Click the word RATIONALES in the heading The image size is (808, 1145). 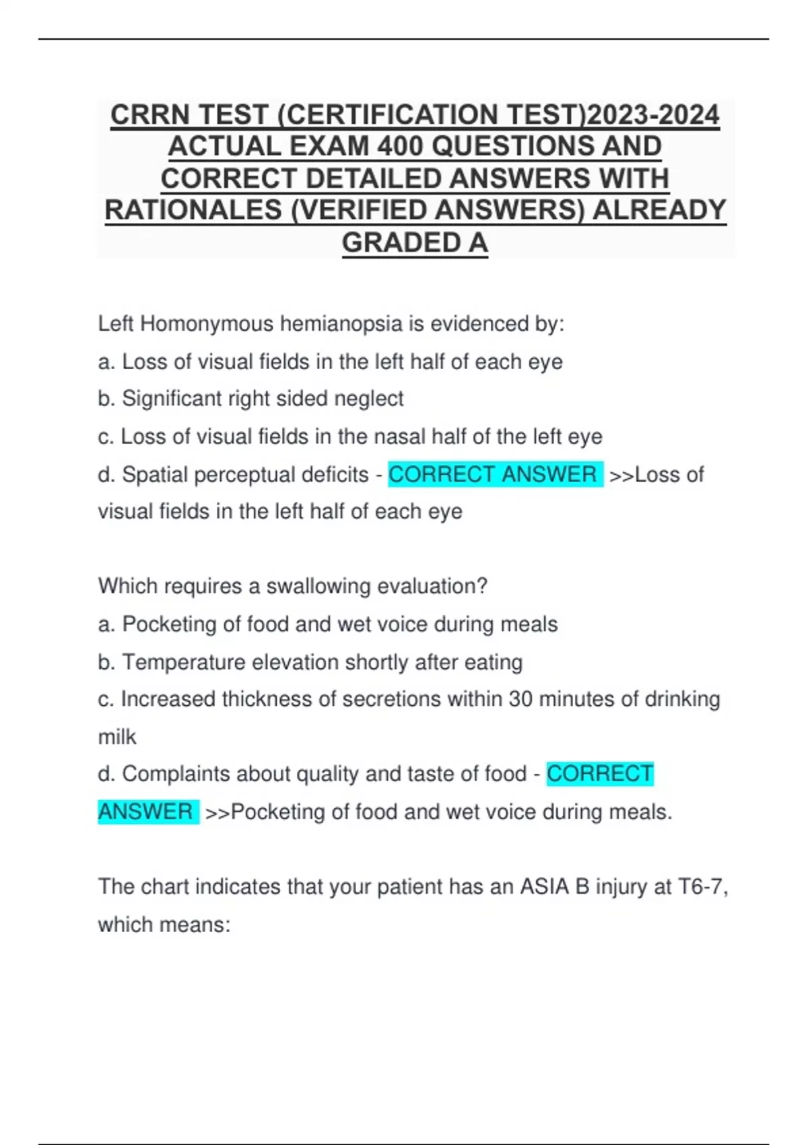(193, 211)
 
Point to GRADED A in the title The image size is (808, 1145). (415, 243)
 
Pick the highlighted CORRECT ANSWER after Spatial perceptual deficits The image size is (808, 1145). (493, 474)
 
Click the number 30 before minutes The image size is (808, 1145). (520, 699)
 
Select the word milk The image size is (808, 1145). (117, 737)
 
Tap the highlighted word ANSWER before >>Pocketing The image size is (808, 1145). (145, 812)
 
